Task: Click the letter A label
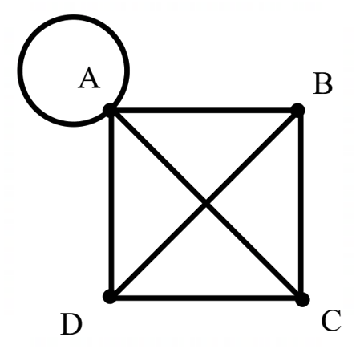pos(89,78)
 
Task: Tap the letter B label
pos(322,83)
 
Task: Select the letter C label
pos(331,320)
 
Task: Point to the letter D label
pos(71,324)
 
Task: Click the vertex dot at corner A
pos(110,110)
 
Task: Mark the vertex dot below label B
pos(297,110)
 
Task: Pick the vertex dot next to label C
pos(302,299)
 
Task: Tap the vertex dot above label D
pos(110,297)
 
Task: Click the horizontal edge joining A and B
pos(204,110)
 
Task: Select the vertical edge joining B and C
pos(301,205)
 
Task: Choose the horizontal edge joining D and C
pos(206,298)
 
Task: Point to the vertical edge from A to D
pos(111,203)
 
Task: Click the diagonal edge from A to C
pos(206,205)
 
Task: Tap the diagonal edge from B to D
pos(204,203)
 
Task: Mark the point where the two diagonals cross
pos(206,204)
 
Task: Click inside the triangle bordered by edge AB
pos(204,144)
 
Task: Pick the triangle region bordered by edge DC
pos(206,265)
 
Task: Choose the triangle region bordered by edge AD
pos(144,203)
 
